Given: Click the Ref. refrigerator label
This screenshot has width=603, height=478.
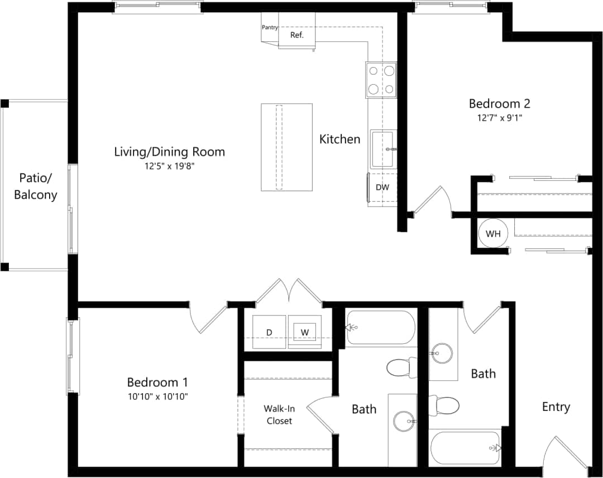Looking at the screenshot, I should pyautogui.click(x=296, y=35).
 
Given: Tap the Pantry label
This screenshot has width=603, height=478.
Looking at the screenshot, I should pyautogui.click(x=270, y=27).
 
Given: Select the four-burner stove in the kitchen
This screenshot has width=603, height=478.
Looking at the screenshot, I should pyautogui.click(x=381, y=79).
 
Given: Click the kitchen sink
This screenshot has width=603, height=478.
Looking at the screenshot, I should pyautogui.click(x=382, y=149).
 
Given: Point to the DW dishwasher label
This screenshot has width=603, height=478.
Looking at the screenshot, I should pyautogui.click(x=382, y=188).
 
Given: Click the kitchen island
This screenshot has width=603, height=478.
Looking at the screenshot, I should pyautogui.click(x=286, y=147).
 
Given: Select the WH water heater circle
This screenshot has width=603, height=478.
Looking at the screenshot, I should pyautogui.click(x=492, y=233).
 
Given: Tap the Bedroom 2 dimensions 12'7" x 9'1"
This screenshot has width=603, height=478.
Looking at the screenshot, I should pyautogui.click(x=499, y=118).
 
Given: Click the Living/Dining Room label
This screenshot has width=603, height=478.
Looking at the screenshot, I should pyautogui.click(x=169, y=152).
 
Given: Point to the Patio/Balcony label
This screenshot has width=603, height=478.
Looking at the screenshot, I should pyautogui.click(x=36, y=187).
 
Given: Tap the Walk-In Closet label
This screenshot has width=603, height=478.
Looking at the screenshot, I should pyautogui.click(x=279, y=414).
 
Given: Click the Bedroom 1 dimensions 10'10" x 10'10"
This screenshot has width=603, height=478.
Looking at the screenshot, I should pyautogui.click(x=157, y=396).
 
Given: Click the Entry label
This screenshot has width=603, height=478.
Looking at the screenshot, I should pyautogui.click(x=556, y=407).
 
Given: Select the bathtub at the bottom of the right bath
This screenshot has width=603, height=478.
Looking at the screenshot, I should pyautogui.click(x=466, y=447).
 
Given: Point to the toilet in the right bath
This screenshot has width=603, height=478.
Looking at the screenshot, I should pyautogui.click(x=444, y=405).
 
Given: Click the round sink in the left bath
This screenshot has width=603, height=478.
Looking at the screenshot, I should pyautogui.click(x=403, y=421).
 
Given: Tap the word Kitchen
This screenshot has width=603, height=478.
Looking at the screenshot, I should pyautogui.click(x=339, y=139).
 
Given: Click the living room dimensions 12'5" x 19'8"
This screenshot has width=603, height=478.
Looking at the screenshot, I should pyautogui.click(x=169, y=166).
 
